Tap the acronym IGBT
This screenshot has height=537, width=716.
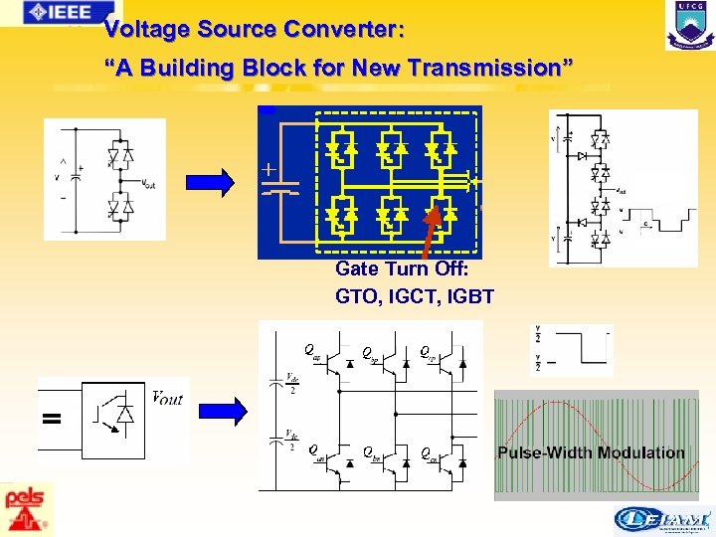[x=471, y=295]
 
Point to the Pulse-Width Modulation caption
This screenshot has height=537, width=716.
[x=591, y=452]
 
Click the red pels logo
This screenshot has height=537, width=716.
[x=23, y=508]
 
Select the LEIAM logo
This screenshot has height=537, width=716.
[x=663, y=519]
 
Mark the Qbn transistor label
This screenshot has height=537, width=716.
[x=370, y=454]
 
